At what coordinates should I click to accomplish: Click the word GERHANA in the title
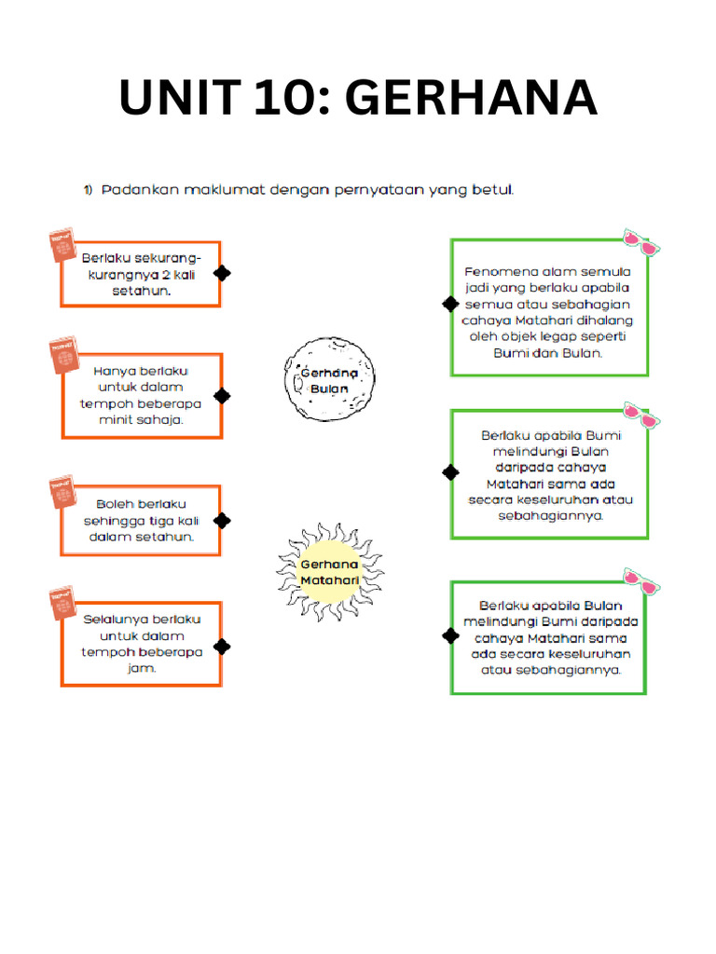click(472, 97)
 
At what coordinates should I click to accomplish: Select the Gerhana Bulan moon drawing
click(329, 379)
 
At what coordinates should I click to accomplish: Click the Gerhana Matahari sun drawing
click(330, 572)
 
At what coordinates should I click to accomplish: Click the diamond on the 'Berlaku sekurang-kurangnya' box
click(222, 273)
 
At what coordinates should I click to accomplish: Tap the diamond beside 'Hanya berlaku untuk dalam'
click(222, 396)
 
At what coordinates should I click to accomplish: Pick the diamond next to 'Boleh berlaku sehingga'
click(222, 521)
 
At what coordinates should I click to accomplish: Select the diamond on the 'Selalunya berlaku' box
click(222, 647)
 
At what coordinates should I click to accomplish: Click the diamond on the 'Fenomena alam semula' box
click(450, 304)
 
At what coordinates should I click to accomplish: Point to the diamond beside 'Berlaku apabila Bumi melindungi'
click(450, 472)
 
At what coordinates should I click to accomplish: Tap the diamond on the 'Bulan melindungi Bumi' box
click(450, 635)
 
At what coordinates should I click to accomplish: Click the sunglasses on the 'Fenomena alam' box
click(641, 243)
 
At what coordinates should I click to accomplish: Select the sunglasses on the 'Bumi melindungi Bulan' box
click(641, 416)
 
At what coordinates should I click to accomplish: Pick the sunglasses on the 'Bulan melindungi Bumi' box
click(641, 581)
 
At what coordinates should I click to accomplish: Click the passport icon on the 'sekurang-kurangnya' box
click(62, 245)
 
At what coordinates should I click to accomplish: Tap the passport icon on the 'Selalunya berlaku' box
click(62, 603)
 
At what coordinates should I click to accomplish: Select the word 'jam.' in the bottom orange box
click(142, 668)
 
